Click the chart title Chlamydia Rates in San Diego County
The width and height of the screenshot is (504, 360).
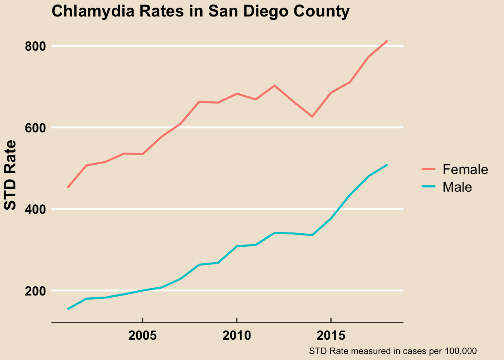pos(200,12)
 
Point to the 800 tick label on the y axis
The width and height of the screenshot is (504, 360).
pos(35,46)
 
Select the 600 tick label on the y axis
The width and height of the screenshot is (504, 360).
pos(35,128)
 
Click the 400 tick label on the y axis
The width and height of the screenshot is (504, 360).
pos(35,209)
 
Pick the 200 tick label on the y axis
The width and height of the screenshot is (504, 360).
pos(35,291)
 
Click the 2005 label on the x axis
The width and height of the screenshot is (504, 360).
pos(142,335)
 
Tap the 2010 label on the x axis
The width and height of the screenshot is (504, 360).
pos(237,335)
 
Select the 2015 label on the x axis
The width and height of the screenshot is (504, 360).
pos(331,335)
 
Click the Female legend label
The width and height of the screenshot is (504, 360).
pos(465,169)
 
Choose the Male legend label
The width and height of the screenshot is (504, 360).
pos(457,187)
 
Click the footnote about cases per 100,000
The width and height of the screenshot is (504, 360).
pos(393,351)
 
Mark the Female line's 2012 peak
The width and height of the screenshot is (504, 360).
pos(274,85)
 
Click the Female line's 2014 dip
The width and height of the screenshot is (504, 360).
pos(312,117)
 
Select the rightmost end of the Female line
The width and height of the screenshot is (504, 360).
pos(387,41)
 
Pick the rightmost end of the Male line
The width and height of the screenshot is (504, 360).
pos(387,165)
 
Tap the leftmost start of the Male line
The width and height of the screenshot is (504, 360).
pos(68,309)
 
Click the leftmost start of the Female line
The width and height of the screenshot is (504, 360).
pos(68,187)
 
